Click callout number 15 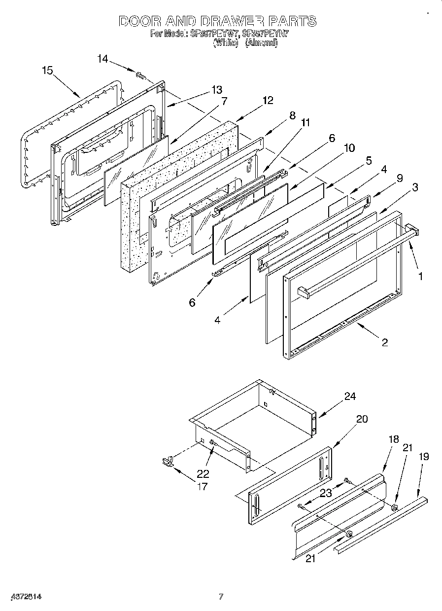point(47,71)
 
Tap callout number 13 point(217,90)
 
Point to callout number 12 point(268,101)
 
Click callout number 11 point(306,123)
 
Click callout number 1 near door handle point(420,277)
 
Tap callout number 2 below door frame point(384,342)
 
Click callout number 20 point(362,419)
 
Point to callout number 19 point(423,457)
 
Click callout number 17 point(202,487)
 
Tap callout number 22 point(203,474)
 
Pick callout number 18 point(393,440)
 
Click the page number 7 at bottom point(221,597)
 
